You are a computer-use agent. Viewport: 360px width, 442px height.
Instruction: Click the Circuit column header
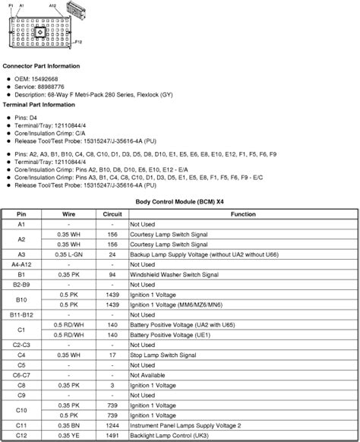(112, 215)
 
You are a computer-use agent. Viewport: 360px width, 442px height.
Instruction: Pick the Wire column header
(68, 215)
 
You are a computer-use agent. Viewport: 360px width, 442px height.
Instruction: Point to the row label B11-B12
(21, 313)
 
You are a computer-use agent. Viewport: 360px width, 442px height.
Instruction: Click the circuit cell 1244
(112, 425)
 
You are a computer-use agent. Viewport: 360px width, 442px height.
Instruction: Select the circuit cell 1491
(112, 435)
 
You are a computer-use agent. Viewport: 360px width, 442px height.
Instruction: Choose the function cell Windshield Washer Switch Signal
(173, 273)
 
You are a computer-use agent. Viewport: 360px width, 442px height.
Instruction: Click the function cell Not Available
(147, 374)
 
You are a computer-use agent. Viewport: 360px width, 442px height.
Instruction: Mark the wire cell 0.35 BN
(68, 425)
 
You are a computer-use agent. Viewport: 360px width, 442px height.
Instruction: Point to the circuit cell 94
(112, 273)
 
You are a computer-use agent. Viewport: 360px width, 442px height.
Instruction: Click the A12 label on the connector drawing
(52, 5)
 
